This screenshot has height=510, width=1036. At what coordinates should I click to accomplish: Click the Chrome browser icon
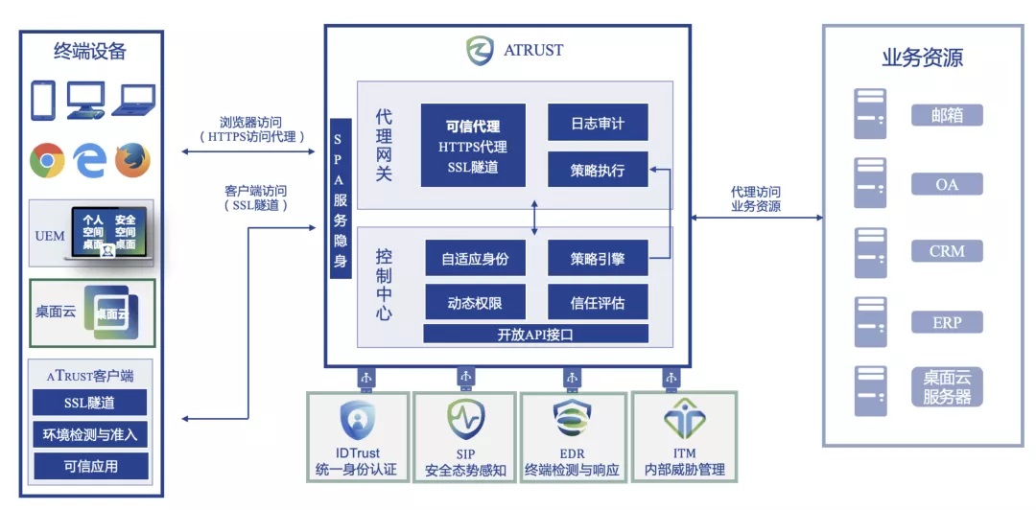click(x=47, y=160)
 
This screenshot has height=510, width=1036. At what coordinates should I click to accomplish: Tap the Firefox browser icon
click(x=132, y=160)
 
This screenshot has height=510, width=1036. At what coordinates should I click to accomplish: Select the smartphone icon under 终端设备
click(x=43, y=101)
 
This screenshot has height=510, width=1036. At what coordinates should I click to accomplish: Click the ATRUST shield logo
click(x=480, y=50)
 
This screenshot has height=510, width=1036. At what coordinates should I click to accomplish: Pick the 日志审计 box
click(x=598, y=122)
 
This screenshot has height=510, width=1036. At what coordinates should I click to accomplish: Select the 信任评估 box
click(x=598, y=303)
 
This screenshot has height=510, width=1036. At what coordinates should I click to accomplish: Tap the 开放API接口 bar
click(x=536, y=334)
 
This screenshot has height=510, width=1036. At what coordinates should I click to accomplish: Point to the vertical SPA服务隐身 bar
click(x=341, y=198)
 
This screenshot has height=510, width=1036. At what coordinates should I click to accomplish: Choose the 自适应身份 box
click(x=475, y=258)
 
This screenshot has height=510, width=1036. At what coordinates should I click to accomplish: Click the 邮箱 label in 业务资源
click(x=947, y=115)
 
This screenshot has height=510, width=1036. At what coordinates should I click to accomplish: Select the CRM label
click(x=947, y=251)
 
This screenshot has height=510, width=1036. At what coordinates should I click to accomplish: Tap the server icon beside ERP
click(x=869, y=322)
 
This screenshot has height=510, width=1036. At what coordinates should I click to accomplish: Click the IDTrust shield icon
click(x=358, y=421)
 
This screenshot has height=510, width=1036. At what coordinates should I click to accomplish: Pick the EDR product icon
click(x=572, y=421)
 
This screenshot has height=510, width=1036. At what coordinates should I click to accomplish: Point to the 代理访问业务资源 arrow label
click(x=756, y=198)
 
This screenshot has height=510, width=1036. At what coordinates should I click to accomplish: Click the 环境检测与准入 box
click(x=90, y=434)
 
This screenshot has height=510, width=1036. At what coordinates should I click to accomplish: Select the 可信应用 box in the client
click(x=90, y=467)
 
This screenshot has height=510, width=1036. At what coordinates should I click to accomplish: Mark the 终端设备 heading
click(x=90, y=52)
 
